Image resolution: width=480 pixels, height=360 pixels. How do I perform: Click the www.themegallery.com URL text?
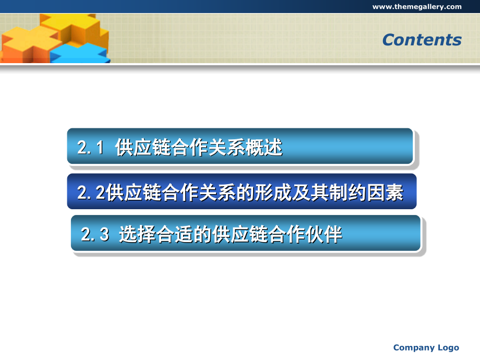pos(417,7)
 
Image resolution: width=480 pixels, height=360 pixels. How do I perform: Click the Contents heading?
pos(422,40)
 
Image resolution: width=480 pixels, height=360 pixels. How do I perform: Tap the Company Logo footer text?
pos(426,348)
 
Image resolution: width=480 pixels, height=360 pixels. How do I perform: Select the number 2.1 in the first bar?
pos(90,147)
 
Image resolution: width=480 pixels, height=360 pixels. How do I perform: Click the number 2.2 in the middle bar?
pos(91,193)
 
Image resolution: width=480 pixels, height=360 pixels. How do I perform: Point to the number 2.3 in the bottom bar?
pos(95,234)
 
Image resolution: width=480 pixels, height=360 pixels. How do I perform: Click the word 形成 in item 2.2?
pos(273,193)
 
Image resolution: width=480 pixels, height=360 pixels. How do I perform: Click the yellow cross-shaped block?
pos(74,28)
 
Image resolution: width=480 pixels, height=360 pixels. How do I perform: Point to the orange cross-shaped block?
pos(29,46)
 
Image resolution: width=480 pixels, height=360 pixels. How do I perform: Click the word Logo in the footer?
pos(448,348)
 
